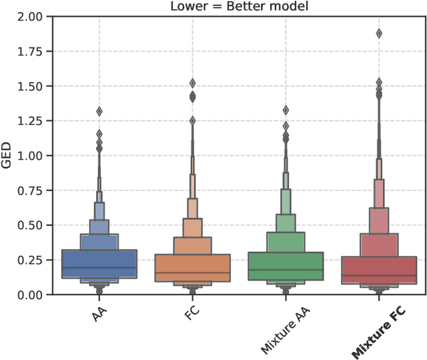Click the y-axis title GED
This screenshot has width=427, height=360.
[x=7, y=155]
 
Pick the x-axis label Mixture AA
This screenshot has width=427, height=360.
[x=274, y=327]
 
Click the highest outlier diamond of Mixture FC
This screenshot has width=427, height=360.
[x=379, y=33]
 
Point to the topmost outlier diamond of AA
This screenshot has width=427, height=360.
[x=99, y=112]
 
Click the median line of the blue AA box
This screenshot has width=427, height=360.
[x=99, y=268]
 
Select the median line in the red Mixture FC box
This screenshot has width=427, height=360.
[x=379, y=275]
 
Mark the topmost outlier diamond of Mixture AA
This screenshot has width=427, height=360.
[x=286, y=110]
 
